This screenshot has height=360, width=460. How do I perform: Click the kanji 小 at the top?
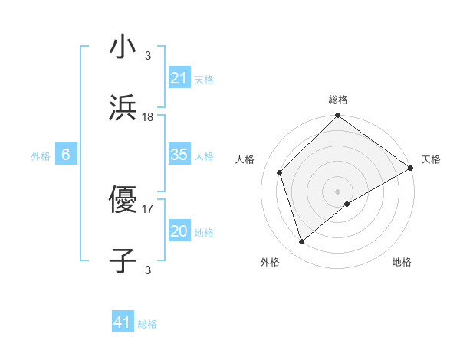[x=123, y=47]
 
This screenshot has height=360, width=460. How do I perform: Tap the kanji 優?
[x=123, y=199]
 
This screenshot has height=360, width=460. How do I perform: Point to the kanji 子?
[x=123, y=260]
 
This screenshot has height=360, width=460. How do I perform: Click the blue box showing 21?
[x=179, y=78]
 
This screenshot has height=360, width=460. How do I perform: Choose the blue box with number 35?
[x=179, y=155]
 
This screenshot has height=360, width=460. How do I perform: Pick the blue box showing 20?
[x=179, y=231]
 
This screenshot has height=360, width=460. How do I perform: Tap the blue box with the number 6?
[x=66, y=155]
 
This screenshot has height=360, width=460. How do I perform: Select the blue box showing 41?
[x=123, y=322]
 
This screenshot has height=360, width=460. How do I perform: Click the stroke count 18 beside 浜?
[x=148, y=116]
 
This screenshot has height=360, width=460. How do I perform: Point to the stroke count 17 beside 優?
[x=148, y=208]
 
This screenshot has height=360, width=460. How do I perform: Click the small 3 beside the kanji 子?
[x=148, y=270]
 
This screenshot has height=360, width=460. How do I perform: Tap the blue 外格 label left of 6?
[x=41, y=155]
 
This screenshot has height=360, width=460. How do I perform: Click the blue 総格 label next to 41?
[x=147, y=324]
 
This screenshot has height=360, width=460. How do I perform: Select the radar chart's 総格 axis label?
[x=338, y=100]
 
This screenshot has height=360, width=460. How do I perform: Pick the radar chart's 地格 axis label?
[x=402, y=262]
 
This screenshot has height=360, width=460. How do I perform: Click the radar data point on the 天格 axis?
[x=411, y=168]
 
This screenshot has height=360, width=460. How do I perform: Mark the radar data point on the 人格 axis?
[x=280, y=172]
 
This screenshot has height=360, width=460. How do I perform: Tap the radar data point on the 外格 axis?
[x=302, y=242]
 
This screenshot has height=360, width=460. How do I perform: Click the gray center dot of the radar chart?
[x=338, y=191]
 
